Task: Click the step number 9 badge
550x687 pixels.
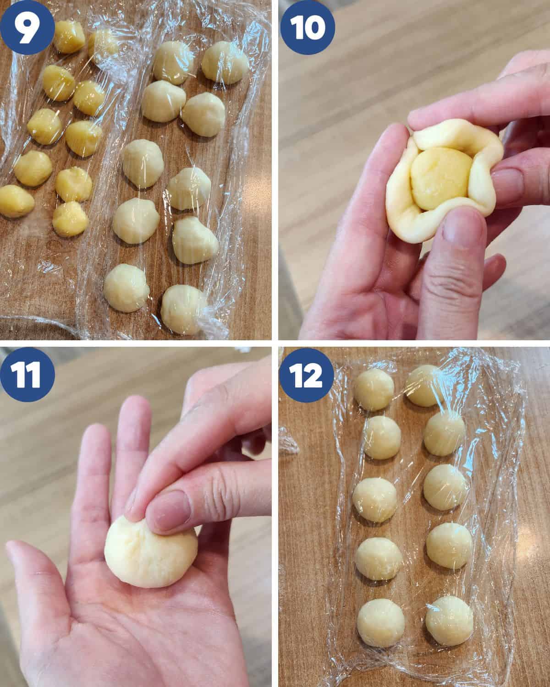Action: [27, 27]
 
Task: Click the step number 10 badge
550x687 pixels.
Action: [308, 27]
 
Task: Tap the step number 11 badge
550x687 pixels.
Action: [27, 375]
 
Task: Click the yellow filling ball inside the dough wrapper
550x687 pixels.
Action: [441, 178]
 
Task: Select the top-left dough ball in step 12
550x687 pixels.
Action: [374, 390]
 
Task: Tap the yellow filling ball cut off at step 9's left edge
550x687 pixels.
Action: [16, 201]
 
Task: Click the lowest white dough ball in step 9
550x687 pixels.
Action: [183, 310]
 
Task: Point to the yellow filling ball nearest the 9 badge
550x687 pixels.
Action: [69, 37]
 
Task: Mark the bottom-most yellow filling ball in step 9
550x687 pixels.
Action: [70, 219]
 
